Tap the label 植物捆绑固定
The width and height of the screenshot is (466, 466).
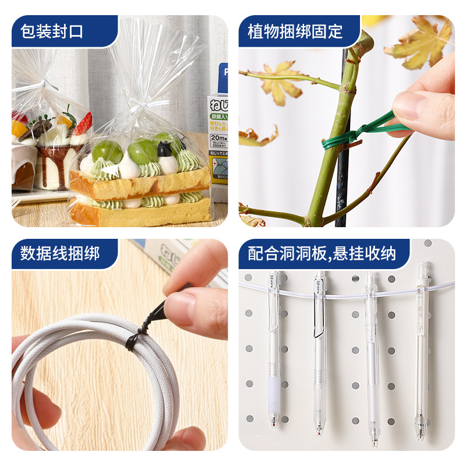(x=295, y=30)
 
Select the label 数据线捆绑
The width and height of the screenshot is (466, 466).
(x=61, y=253)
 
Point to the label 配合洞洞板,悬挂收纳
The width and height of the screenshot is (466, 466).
(x=322, y=253)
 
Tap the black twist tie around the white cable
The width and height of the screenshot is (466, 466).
(x=135, y=338)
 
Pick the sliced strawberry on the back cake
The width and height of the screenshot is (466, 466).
(x=83, y=123)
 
